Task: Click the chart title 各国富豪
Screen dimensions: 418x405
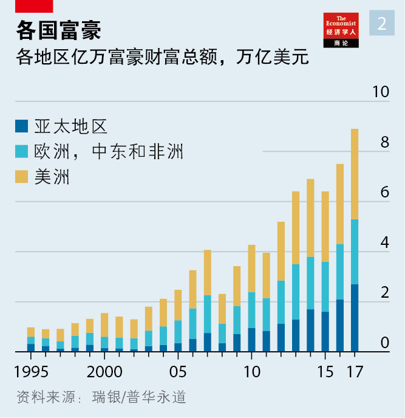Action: [58, 30]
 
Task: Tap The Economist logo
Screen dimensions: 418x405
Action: [341, 29]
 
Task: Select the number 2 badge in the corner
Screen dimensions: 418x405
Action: [382, 23]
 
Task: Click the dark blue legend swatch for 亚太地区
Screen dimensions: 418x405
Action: [22, 126]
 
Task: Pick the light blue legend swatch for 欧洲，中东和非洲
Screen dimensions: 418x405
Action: [22, 151]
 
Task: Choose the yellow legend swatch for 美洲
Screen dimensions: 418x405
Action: [22, 177]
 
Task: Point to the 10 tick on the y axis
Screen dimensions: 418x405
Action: [380, 92]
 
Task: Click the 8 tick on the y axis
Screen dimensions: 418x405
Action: [384, 143]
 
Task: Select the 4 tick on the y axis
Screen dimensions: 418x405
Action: [384, 243]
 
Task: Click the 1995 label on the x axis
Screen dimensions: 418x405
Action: [32, 372]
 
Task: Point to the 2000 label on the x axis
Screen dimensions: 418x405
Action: [104, 372]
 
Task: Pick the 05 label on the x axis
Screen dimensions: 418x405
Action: [178, 372]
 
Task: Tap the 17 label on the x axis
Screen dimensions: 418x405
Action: [355, 372]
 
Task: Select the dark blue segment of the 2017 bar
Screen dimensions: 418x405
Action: [355, 318]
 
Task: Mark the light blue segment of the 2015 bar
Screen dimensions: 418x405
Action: [325, 287]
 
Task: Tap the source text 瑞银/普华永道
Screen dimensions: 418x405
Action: [138, 398]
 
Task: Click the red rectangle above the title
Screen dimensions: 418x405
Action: [34, 6]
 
